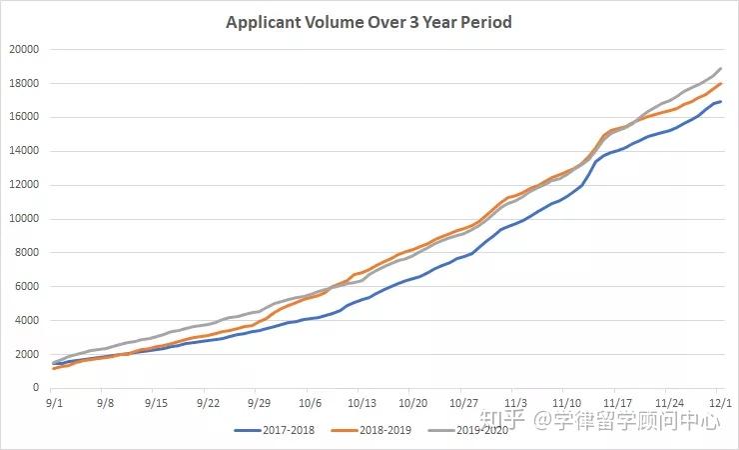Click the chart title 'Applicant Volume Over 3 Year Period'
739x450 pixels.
tap(369, 22)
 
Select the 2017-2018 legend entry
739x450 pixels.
tap(275, 430)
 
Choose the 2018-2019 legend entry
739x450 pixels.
tap(371, 430)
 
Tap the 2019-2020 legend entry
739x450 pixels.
tap(468, 430)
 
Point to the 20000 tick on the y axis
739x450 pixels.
tap(24, 49)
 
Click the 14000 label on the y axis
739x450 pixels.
tap(24, 151)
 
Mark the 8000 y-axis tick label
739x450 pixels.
tap(27, 252)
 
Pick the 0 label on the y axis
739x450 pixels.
tap(36, 387)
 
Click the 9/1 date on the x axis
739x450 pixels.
tap(54, 403)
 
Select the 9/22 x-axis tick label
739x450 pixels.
tap(208, 403)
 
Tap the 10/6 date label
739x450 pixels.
tap(311, 403)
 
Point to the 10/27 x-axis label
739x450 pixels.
tap(463, 403)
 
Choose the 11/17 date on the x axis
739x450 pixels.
tap(617, 403)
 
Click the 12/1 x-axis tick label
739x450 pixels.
tap(720, 403)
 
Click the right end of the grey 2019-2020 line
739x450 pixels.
tap(721, 68)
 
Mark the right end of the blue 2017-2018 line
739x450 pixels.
tap(721, 101)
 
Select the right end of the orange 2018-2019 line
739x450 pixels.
tap(721, 84)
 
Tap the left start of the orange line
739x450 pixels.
tap(53, 368)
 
